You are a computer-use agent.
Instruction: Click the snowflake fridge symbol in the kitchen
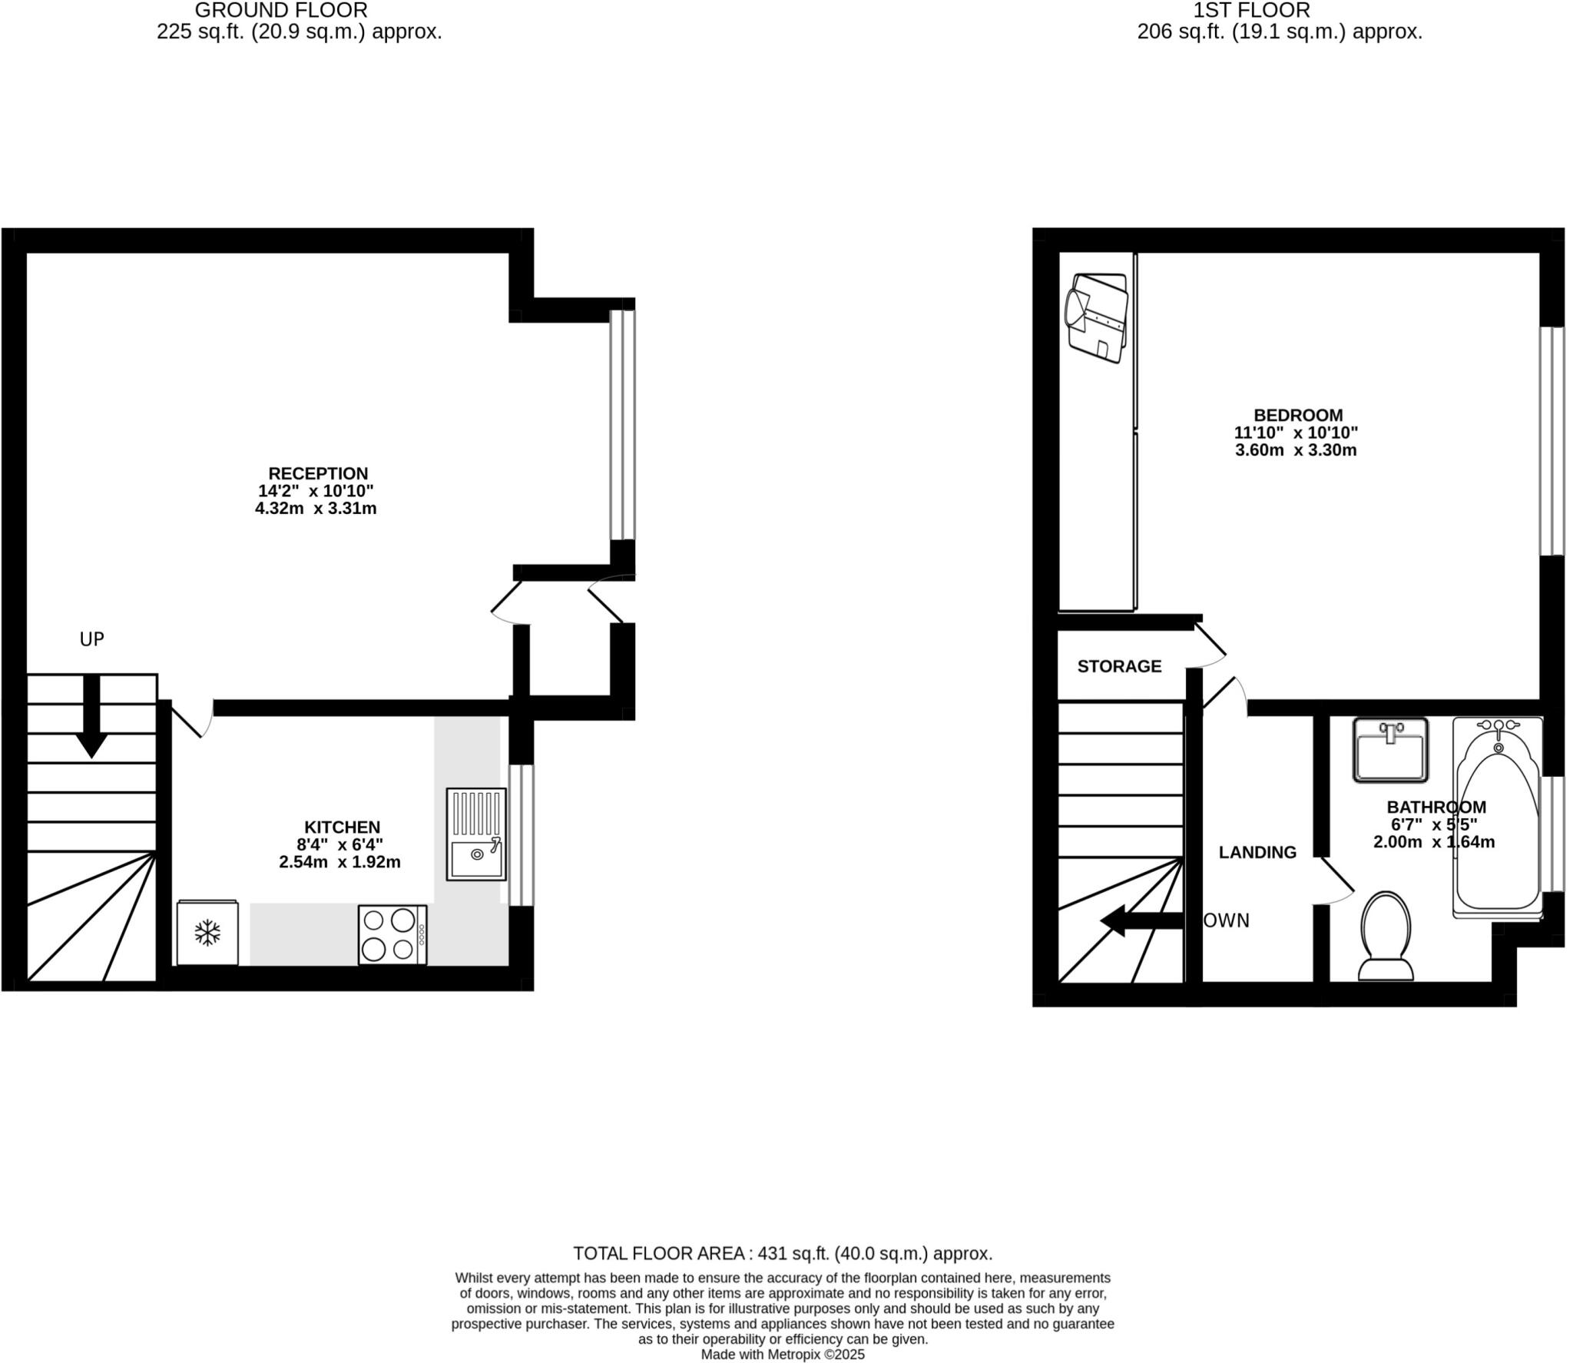click(x=207, y=933)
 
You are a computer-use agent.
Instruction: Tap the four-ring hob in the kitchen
click(x=392, y=934)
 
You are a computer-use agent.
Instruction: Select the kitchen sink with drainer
click(x=476, y=834)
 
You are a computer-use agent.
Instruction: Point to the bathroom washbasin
click(x=1389, y=749)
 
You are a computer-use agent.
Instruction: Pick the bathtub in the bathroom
click(x=1497, y=817)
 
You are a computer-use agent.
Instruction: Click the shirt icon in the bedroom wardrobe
click(x=1097, y=317)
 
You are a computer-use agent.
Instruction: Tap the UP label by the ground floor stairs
click(x=91, y=639)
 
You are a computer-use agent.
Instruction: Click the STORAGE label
click(x=1119, y=666)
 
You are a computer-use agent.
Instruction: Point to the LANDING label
click(x=1257, y=852)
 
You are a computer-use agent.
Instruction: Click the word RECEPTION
click(x=318, y=473)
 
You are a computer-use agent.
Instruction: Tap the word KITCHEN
click(x=342, y=827)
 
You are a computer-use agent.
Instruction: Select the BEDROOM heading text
click(x=1298, y=416)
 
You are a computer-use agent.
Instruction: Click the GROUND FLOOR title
click(x=281, y=11)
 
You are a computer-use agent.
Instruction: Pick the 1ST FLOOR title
click(x=1251, y=11)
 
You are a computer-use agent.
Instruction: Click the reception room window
click(x=622, y=425)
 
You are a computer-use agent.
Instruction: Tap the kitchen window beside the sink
click(x=522, y=834)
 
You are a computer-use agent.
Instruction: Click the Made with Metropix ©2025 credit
click(x=783, y=1355)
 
